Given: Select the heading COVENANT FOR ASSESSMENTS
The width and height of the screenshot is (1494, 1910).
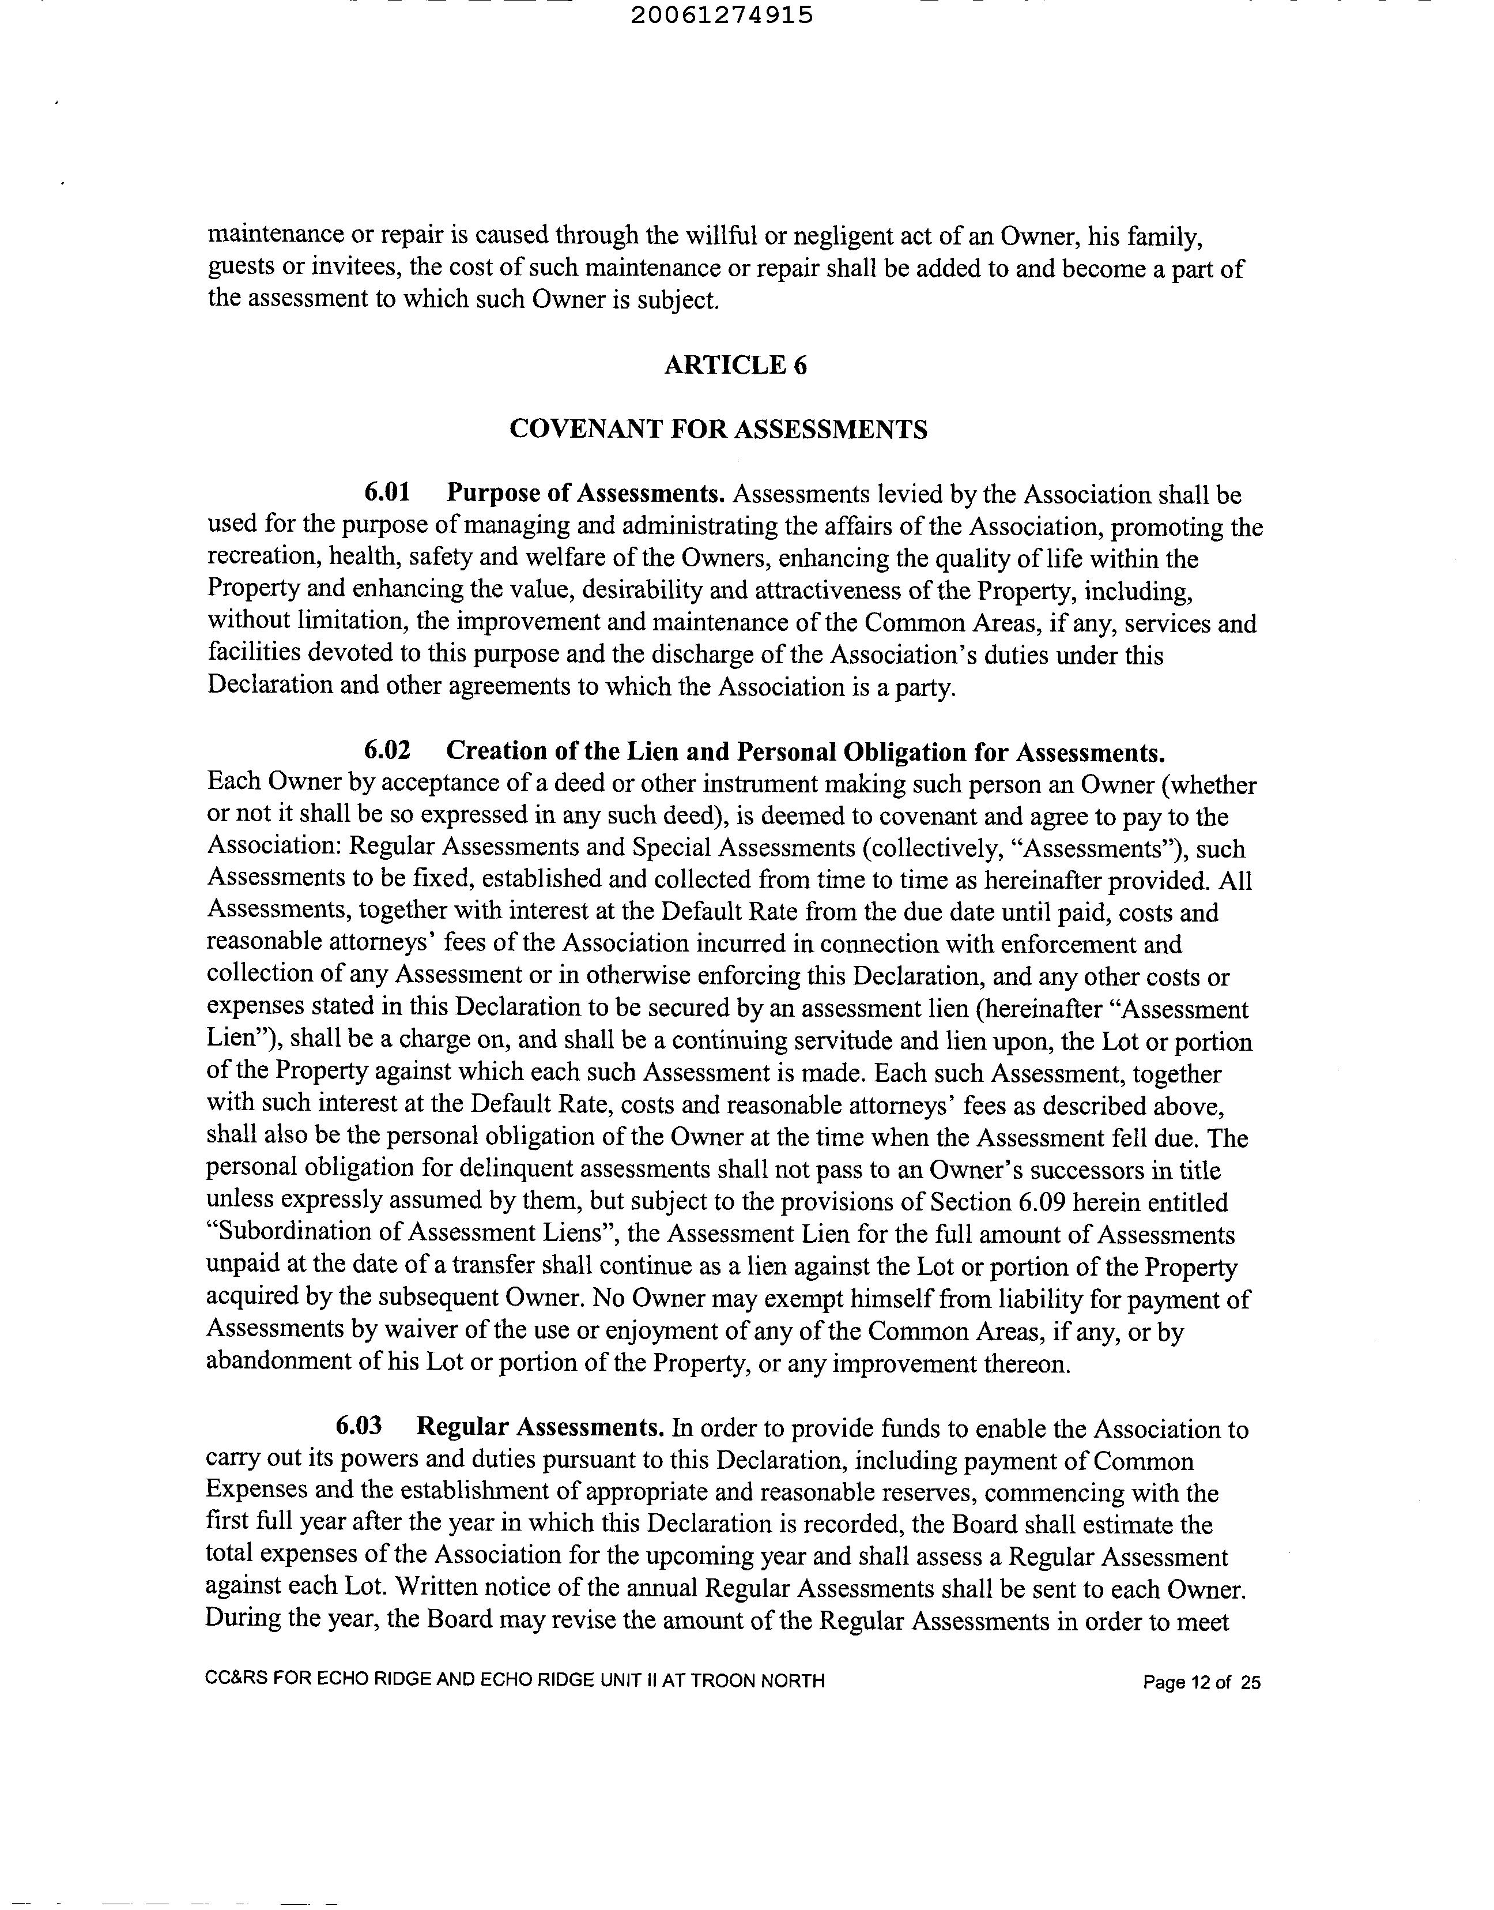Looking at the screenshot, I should click(718, 430).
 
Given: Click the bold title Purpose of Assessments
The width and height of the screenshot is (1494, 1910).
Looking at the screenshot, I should click(585, 494).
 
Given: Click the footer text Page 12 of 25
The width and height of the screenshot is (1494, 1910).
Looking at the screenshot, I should click(1201, 1683).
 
